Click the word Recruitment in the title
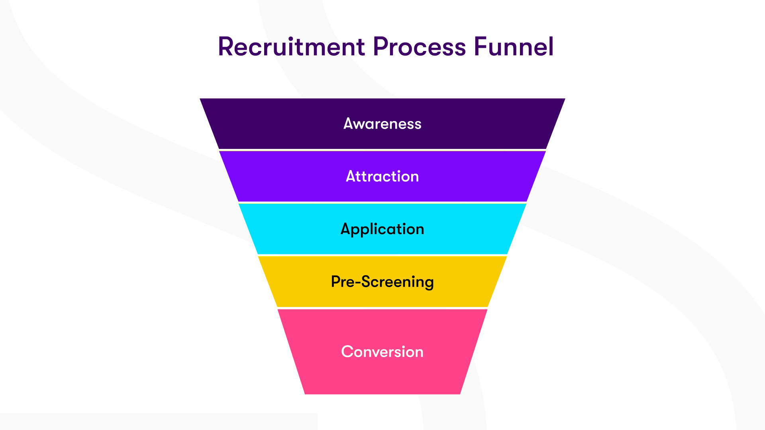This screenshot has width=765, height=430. pos(291,47)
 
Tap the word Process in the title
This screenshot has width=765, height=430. pos(419,47)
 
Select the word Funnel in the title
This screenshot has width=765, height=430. pos(514,47)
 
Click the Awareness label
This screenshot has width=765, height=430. pos(382,124)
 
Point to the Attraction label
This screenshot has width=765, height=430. pos(382,176)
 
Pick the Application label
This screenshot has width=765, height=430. pos(382,229)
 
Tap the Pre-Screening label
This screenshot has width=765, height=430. pos(382,282)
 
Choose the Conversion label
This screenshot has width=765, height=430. pos(382,352)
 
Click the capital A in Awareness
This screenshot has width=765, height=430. pos(349,123)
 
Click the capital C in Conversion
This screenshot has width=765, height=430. pos(348,352)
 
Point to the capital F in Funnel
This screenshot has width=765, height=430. pos(481,47)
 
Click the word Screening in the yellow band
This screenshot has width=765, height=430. pos(397,282)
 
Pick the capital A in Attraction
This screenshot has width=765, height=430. pos(351,176)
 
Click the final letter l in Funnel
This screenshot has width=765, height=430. pos(551,47)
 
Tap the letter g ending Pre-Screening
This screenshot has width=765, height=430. pos(429,283)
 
